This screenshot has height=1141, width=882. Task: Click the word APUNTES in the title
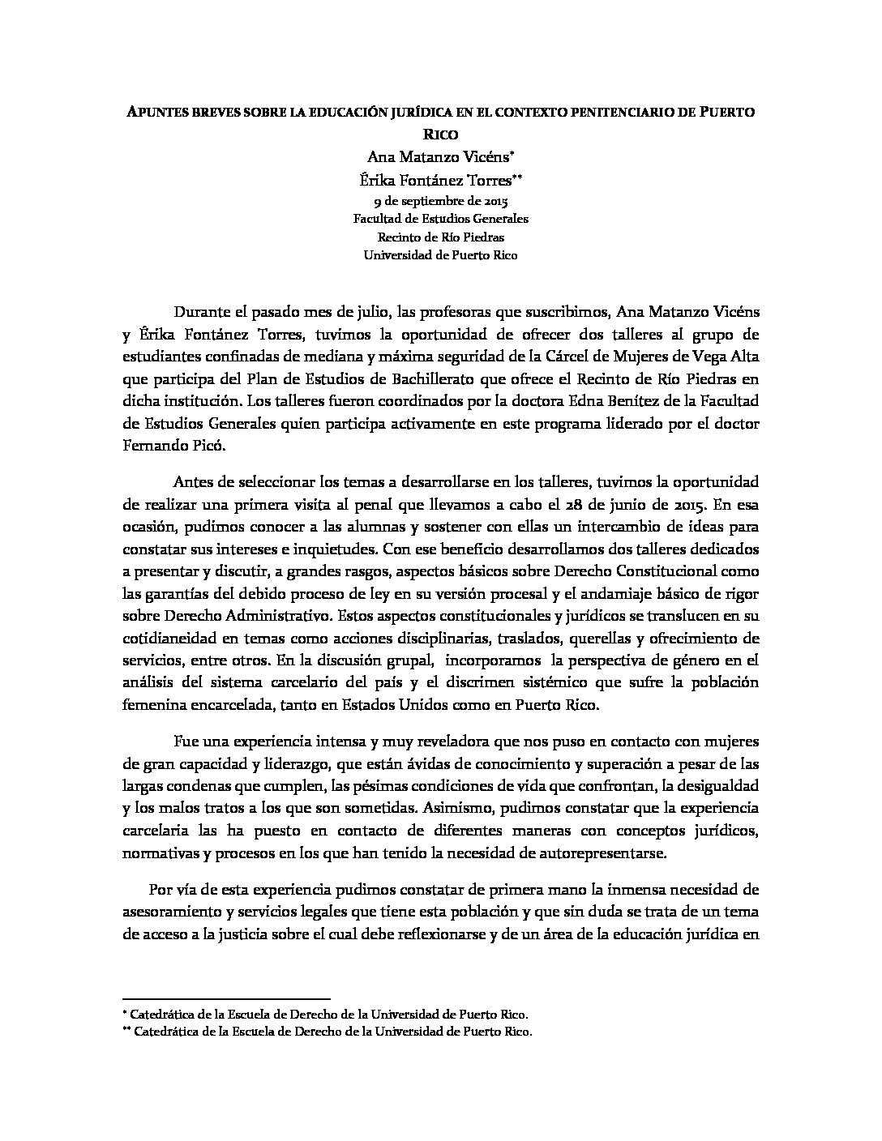pyautogui.click(x=156, y=113)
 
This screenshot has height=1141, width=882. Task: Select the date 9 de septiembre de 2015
pyautogui.click(x=440, y=200)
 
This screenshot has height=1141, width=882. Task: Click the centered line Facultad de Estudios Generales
pyautogui.click(x=440, y=219)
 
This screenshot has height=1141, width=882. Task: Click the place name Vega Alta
pyautogui.click(x=727, y=356)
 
